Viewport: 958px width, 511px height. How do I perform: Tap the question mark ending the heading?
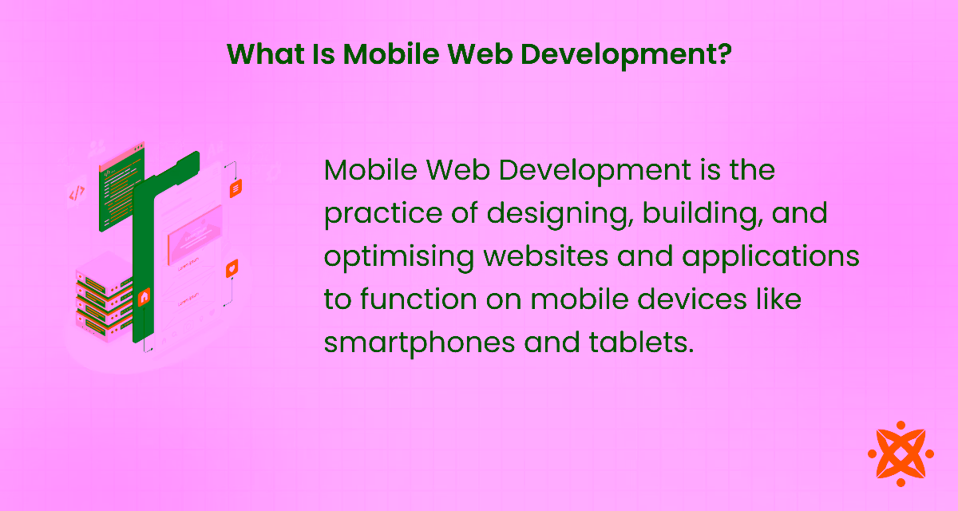(x=724, y=54)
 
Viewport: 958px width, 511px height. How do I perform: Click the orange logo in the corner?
(x=901, y=453)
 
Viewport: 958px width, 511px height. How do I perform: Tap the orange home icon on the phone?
(x=144, y=297)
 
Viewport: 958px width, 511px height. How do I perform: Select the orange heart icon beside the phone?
(x=232, y=268)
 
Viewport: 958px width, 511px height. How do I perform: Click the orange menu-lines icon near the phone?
(x=235, y=189)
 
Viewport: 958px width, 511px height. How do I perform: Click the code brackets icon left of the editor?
(x=77, y=193)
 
